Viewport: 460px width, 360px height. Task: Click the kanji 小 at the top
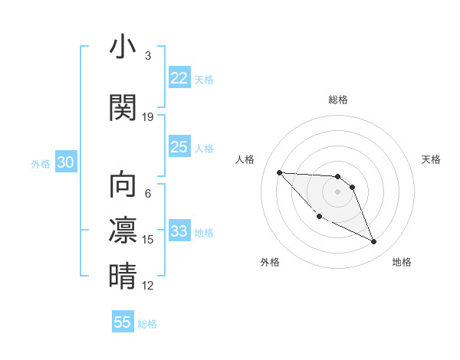(123, 47)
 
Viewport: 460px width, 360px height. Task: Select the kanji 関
(123, 108)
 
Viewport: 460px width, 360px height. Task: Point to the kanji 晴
(123, 277)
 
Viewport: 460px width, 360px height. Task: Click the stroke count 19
(148, 117)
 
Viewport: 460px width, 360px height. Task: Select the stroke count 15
(148, 240)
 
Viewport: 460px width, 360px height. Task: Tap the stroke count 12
(148, 286)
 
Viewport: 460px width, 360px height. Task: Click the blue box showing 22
(179, 78)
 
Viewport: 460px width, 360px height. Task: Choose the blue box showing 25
(179, 147)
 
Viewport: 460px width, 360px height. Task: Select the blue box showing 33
(179, 231)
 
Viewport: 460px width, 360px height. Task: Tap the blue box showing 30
(66, 163)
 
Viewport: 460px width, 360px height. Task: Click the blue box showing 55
(123, 322)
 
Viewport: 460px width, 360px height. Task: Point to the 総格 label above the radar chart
(338, 100)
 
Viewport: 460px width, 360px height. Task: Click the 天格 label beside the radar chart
(432, 159)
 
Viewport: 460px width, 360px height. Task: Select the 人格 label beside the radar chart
(245, 159)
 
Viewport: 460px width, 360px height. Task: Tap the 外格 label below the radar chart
(270, 262)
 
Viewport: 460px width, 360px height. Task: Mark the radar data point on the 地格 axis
(374, 242)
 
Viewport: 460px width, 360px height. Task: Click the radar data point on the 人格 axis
(279, 172)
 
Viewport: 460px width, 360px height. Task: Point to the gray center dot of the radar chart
(338, 191)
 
